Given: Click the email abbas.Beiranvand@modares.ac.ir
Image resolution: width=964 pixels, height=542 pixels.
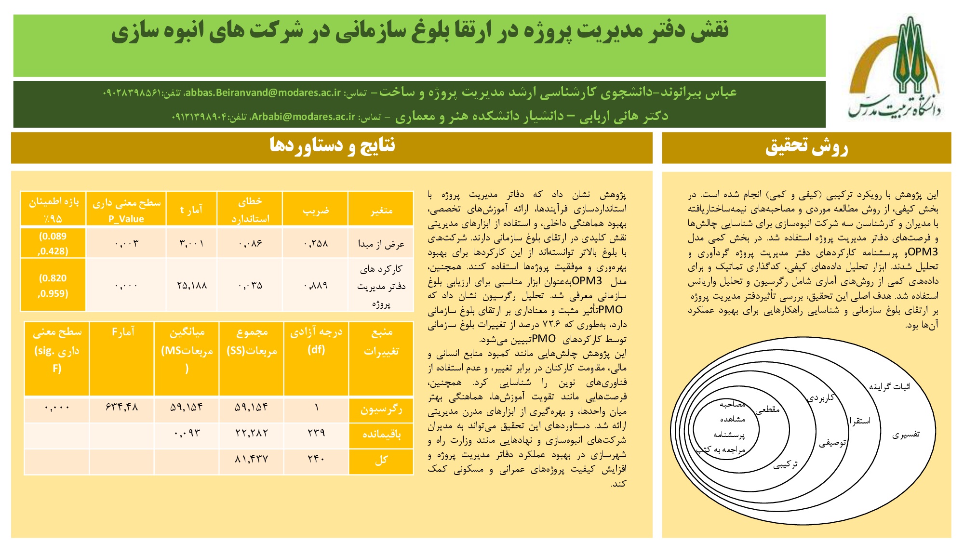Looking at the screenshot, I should pyautogui.click(x=262, y=93).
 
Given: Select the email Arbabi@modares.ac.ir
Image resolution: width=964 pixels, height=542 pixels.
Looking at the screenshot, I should pyautogui.click(x=303, y=117).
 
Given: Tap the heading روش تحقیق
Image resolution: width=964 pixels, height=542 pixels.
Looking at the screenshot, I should pyautogui.click(x=806, y=147).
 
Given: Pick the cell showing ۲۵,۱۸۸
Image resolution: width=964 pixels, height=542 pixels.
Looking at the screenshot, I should pyautogui.click(x=192, y=285).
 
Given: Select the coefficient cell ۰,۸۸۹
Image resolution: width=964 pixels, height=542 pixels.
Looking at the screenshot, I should pyautogui.click(x=316, y=285).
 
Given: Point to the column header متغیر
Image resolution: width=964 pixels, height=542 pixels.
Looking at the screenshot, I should pyautogui.click(x=381, y=210).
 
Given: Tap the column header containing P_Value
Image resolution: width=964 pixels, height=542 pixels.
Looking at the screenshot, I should pyautogui.click(x=126, y=210).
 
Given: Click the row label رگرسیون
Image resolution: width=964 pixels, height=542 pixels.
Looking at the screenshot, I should pyautogui.click(x=381, y=409).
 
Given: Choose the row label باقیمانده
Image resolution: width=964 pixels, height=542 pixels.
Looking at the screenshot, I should pyautogui.click(x=381, y=434).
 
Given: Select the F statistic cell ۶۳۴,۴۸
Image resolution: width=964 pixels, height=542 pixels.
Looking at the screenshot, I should pyautogui.click(x=121, y=408).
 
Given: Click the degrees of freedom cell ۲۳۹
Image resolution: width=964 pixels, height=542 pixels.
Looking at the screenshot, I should pyautogui.click(x=316, y=433).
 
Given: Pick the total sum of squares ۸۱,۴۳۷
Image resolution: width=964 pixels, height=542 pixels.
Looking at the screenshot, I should pyautogui.click(x=251, y=459).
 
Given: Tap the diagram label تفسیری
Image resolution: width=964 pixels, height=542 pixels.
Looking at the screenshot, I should pyautogui.click(x=906, y=435).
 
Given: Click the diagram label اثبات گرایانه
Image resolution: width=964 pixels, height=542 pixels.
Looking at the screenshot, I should pyautogui.click(x=889, y=386).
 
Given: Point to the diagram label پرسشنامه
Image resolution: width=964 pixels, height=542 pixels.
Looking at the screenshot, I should pyautogui.click(x=729, y=435).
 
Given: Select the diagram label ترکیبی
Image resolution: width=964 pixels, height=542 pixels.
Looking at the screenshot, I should pyautogui.click(x=785, y=464).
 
